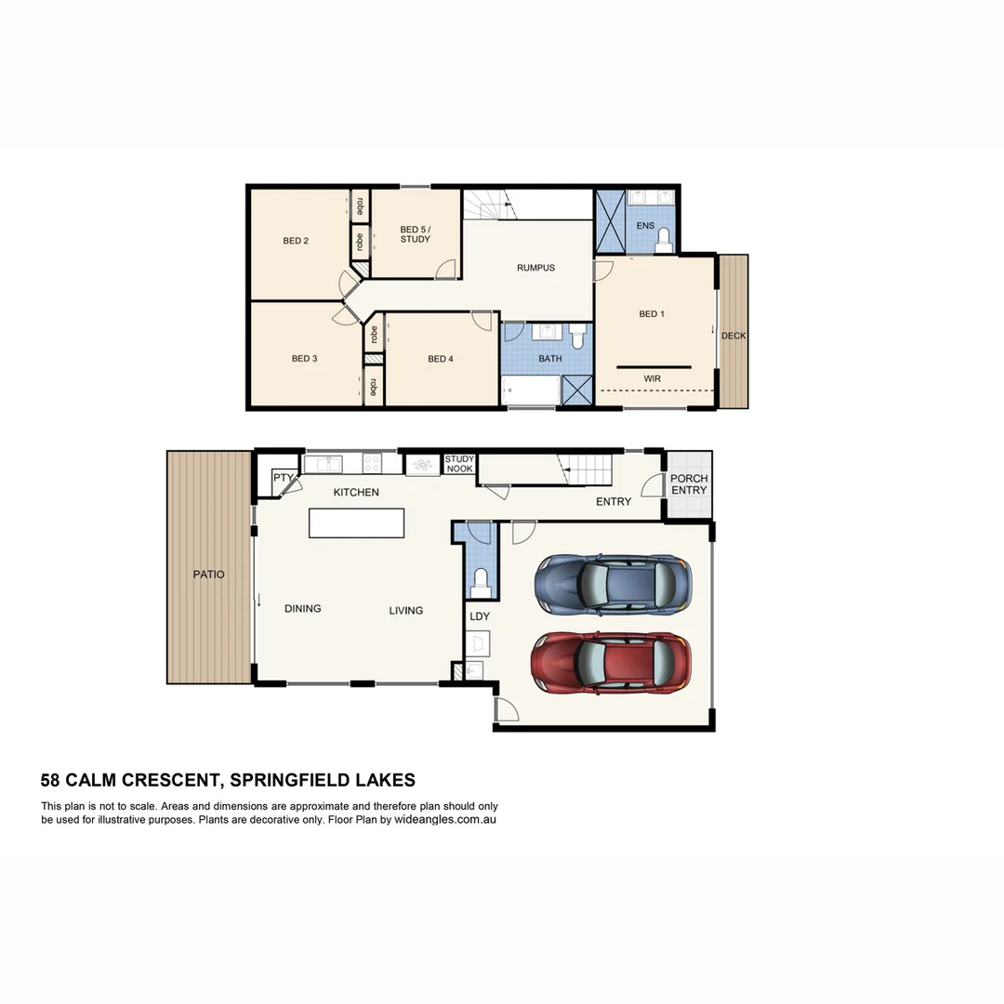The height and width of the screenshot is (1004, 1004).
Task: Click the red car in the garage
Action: (611, 662)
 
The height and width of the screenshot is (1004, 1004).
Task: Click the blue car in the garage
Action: (613, 583)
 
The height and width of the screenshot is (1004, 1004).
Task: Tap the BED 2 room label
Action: (296, 241)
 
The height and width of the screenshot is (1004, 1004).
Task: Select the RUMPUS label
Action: (535, 268)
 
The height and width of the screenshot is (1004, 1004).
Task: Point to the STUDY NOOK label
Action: (459, 464)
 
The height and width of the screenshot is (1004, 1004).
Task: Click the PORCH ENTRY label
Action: (689, 484)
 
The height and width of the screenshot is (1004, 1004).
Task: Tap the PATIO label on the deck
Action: (209, 575)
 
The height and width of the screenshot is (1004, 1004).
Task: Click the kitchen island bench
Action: (358, 522)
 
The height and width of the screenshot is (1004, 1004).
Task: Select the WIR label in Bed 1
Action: (653, 378)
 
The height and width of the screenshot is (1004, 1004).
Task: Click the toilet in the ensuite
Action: (663, 243)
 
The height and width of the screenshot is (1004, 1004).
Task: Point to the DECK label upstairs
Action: (733, 336)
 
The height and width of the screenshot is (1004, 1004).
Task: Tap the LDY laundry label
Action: (480, 616)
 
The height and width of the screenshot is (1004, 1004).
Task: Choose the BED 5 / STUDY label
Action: (415, 234)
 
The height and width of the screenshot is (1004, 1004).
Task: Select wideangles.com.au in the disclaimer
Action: (444, 820)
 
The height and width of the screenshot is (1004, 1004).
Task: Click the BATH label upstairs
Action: (549, 358)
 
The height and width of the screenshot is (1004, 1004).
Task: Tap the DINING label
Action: (302, 609)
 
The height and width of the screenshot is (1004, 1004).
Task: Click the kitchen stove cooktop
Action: (372, 462)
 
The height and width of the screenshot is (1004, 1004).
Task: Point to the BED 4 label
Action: (441, 358)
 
